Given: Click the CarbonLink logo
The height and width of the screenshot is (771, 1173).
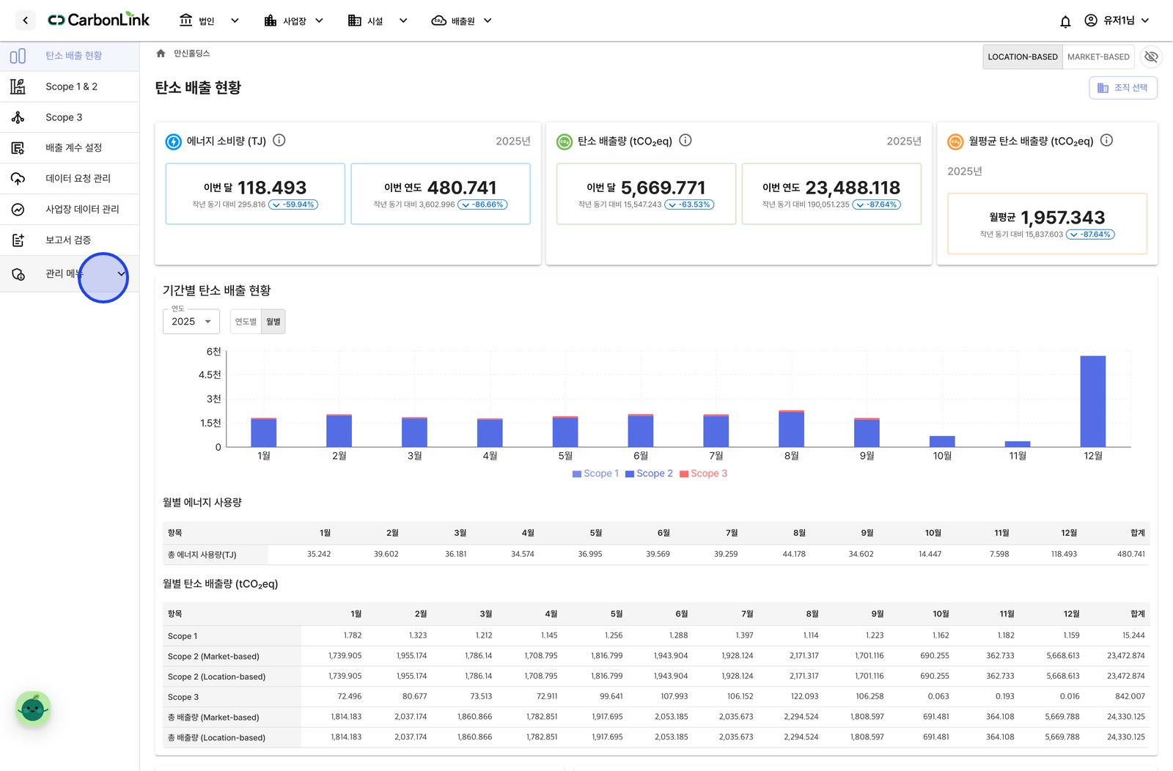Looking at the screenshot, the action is click(x=98, y=20).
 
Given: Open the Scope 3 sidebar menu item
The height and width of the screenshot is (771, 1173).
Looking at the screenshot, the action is click(x=63, y=117).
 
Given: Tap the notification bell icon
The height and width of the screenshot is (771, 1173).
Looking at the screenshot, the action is click(x=1065, y=21).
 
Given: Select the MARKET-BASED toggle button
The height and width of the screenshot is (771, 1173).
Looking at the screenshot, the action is click(x=1098, y=56).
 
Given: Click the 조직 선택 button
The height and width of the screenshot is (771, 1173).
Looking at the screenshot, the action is click(x=1122, y=87).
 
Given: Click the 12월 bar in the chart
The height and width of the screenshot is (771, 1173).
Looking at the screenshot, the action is click(x=1093, y=402).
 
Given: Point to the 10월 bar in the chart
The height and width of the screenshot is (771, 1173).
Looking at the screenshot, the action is click(x=942, y=441).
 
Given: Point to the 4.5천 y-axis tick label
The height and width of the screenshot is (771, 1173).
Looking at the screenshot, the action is click(x=210, y=375).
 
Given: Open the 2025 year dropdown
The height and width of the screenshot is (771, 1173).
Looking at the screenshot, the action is click(x=191, y=322).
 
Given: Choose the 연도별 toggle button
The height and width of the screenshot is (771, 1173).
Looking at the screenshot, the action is click(x=246, y=322).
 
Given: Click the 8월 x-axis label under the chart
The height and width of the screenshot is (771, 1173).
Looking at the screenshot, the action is click(x=791, y=456).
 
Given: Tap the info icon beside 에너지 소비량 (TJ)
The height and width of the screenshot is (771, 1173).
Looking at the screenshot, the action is click(x=279, y=140).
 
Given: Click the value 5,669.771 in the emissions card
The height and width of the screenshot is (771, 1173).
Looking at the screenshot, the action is click(x=663, y=188).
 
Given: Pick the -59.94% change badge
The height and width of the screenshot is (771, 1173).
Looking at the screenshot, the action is click(x=293, y=204).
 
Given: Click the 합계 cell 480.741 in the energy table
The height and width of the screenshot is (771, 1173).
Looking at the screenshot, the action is click(x=1130, y=554).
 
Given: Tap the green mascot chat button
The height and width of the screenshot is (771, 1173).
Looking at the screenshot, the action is click(x=33, y=709).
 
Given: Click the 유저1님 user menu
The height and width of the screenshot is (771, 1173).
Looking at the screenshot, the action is click(x=1117, y=21).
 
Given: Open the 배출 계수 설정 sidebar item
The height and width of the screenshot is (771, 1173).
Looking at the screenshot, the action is click(x=73, y=147).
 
